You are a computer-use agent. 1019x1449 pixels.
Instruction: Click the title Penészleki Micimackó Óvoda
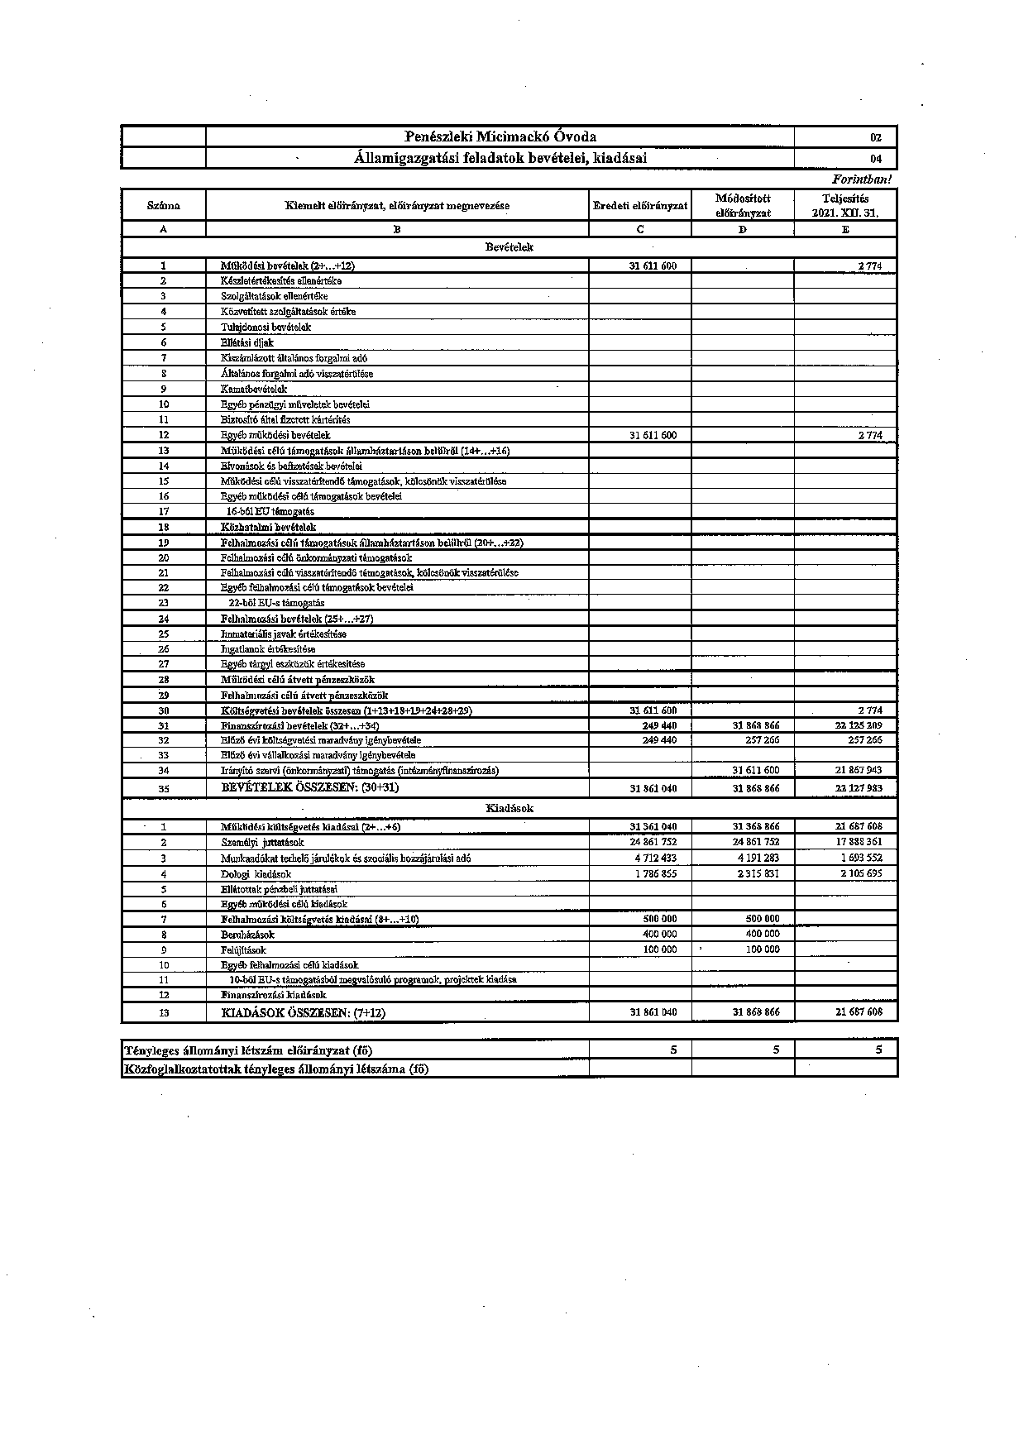(x=500, y=137)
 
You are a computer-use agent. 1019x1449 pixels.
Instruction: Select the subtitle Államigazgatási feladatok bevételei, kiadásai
(x=500, y=158)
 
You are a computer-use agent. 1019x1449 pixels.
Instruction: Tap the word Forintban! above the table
(x=862, y=179)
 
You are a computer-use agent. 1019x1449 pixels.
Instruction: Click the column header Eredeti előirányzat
(x=640, y=206)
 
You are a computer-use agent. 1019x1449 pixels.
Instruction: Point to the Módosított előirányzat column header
(x=743, y=205)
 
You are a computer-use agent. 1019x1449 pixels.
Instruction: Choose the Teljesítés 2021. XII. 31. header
(x=845, y=205)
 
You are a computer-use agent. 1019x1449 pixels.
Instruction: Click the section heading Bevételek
(x=509, y=247)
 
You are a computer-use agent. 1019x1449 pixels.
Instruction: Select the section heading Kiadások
(x=509, y=808)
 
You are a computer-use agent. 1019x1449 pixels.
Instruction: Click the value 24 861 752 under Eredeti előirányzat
(x=653, y=842)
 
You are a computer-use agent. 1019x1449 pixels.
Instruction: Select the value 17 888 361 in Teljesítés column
(x=859, y=842)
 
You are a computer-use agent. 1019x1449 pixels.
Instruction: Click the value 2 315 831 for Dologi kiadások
(x=758, y=873)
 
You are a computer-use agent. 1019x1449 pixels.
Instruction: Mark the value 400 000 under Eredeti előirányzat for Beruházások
(x=659, y=935)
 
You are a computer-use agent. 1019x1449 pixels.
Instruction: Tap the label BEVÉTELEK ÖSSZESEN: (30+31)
(x=310, y=788)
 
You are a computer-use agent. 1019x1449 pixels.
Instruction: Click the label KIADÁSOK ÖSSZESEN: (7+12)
(x=303, y=1012)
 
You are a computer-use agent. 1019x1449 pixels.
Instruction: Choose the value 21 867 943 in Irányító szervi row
(x=859, y=770)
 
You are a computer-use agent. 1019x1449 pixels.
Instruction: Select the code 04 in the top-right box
(x=876, y=159)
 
